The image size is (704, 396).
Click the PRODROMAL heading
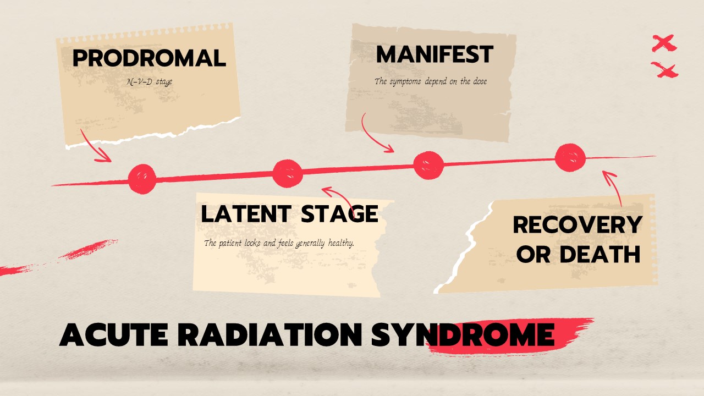[x=149, y=58]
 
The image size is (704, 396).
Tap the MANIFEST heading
[x=435, y=54]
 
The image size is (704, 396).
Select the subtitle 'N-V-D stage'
[x=150, y=82]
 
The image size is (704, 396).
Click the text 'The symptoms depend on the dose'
[x=431, y=81]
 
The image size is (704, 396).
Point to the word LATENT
[x=246, y=214]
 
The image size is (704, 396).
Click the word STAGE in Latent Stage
[x=339, y=214]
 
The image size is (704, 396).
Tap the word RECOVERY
[x=577, y=225]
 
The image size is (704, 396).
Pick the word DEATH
[x=599, y=254]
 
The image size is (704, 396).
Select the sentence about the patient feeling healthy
[x=279, y=243]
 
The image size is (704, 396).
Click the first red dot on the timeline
[x=142, y=179]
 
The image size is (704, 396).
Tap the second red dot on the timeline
[x=287, y=174]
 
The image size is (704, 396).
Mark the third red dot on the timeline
[x=428, y=166]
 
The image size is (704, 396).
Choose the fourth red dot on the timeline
[x=570, y=158]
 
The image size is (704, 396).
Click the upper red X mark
[x=664, y=43]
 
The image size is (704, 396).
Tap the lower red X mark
[x=664, y=70]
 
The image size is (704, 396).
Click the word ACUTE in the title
[x=113, y=334]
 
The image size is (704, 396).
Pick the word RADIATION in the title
[x=270, y=334]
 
